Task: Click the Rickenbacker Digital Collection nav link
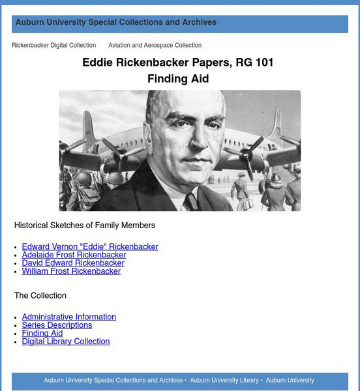[53, 46]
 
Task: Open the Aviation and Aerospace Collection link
[155, 46]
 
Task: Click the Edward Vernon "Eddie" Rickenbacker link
[90, 247]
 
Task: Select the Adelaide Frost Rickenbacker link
[74, 255]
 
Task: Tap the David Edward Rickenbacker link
[73, 263]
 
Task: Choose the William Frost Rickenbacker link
[71, 271]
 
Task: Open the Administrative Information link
[68, 317]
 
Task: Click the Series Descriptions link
[57, 325]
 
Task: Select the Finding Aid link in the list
[42, 333]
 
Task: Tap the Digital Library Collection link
[66, 341]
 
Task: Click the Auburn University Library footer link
[224, 380]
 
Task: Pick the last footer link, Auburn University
[290, 380]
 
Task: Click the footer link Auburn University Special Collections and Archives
[113, 380]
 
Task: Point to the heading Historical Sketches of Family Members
[85, 225]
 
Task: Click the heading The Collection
[40, 296]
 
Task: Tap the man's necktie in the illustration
[191, 203]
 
